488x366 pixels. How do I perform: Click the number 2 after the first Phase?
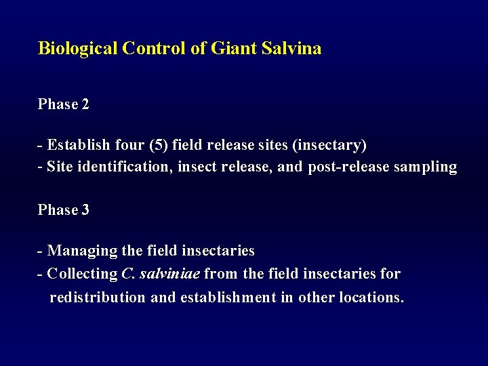[85, 104]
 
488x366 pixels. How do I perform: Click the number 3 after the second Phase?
[85, 210]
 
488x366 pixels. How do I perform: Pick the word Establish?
[75, 145]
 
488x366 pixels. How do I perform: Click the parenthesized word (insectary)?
[327, 145]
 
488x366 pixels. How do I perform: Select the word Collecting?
[83, 274]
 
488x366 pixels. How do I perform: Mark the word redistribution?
[98, 297]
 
